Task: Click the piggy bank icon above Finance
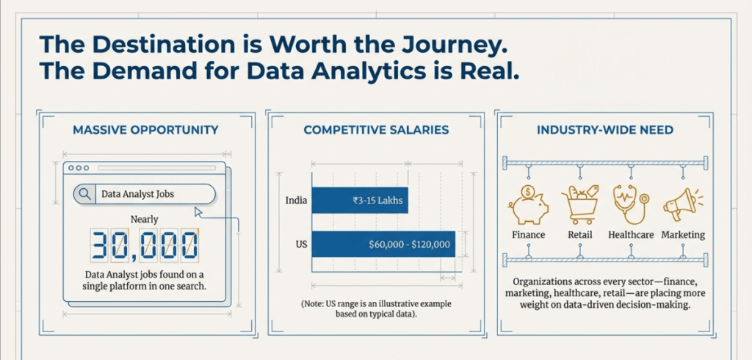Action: pos(528,204)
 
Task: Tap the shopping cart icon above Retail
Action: pos(580,205)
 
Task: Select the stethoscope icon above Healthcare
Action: pos(629,204)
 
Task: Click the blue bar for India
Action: pos(360,200)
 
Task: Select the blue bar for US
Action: pos(383,244)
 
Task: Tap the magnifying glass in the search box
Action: pos(85,194)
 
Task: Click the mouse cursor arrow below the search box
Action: pos(198,212)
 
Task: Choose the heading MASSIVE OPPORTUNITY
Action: pos(145,129)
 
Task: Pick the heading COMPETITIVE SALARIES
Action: pos(376,129)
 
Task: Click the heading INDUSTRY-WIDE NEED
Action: pos(605,129)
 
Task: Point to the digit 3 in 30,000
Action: pos(100,246)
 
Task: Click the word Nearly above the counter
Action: pos(145,220)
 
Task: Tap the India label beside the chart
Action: pos(296,201)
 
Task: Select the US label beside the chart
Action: pos(300,245)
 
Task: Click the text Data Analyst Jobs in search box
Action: pos(137,195)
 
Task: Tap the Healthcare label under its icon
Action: pos(631,234)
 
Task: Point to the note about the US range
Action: pos(376,309)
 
